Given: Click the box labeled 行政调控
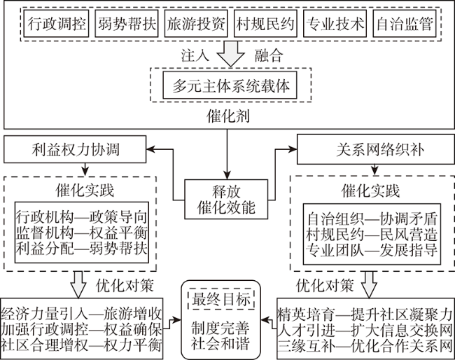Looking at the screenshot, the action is click(x=56, y=24).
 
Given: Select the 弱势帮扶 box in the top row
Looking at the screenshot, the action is click(x=127, y=24).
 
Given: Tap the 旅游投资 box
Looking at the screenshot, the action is click(x=196, y=24).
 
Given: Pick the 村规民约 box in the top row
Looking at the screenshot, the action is click(x=265, y=24).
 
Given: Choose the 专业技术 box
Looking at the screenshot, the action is click(x=335, y=24).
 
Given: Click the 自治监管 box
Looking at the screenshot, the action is click(x=405, y=24).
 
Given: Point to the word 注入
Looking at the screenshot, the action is click(x=195, y=55).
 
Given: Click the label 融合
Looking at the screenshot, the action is click(x=269, y=55).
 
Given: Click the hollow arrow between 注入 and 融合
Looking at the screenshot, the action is click(x=231, y=54).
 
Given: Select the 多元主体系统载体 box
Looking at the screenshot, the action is click(x=230, y=85).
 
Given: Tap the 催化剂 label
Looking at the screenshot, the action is click(x=227, y=116).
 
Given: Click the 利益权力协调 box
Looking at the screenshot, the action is click(x=75, y=149).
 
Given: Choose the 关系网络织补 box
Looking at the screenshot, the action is click(x=376, y=149).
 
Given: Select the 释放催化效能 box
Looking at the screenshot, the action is click(x=226, y=199).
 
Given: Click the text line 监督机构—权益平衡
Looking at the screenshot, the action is click(x=81, y=233).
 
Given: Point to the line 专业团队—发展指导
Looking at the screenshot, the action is click(x=372, y=250).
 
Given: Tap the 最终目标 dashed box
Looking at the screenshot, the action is click(x=221, y=299).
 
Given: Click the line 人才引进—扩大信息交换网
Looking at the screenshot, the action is click(x=365, y=330).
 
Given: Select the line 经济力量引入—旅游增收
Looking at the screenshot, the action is click(x=81, y=314).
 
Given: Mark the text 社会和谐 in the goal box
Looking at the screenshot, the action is click(x=220, y=344).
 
